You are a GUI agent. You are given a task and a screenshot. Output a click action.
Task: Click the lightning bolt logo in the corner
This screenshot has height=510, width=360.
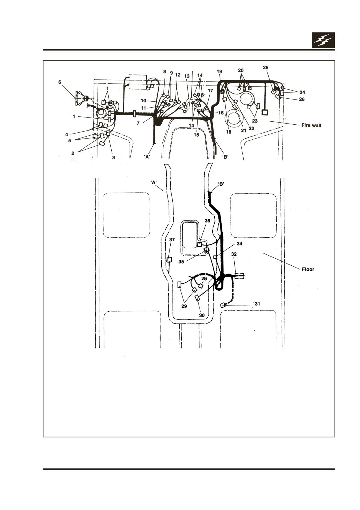(323, 40)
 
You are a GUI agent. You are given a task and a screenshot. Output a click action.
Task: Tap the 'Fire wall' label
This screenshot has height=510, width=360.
(311, 125)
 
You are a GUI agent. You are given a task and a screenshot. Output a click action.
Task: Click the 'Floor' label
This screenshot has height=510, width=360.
(308, 269)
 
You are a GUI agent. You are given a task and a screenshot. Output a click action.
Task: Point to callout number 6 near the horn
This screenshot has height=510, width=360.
(60, 82)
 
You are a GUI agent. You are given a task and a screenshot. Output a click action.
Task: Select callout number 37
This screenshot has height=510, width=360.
(172, 240)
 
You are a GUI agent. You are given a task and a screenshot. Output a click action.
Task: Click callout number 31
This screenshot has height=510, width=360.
(257, 304)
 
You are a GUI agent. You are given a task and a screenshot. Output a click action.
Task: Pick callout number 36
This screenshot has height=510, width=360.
(207, 221)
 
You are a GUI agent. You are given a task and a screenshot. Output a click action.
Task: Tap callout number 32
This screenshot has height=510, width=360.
(234, 254)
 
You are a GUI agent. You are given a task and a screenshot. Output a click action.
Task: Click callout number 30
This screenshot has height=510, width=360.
(202, 315)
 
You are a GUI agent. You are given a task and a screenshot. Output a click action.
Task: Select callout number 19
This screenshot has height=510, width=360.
(219, 71)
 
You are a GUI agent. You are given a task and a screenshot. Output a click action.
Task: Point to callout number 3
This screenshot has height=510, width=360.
(113, 158)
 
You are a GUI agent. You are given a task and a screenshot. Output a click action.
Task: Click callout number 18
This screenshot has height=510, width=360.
(228, 132)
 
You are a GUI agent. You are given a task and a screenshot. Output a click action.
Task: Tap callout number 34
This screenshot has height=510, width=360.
(240, 244)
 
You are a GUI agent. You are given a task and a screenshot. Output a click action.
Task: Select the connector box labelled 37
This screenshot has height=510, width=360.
(169, 260)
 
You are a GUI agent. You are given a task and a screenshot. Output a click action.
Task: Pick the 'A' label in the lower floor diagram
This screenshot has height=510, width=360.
(154, 182)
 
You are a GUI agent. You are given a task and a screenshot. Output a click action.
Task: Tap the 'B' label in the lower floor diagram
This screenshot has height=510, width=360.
(221, 184)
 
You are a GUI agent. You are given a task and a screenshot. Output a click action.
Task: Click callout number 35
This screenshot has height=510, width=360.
(181, 262)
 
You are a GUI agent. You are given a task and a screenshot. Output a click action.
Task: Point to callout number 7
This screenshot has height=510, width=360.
(138, 124)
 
